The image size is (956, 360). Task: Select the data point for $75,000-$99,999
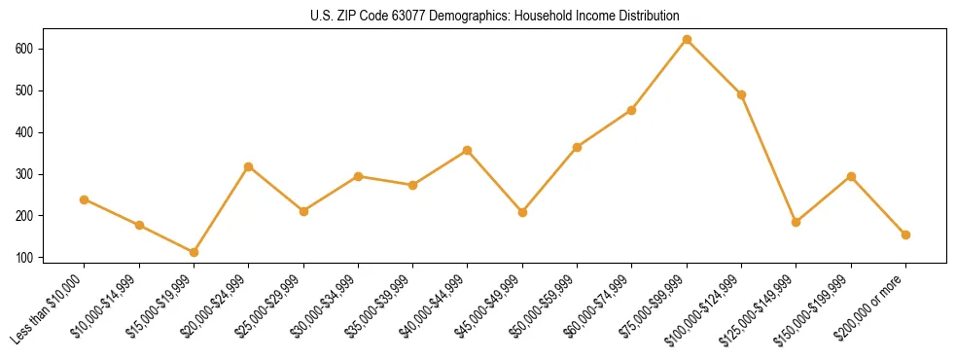pos(687,40)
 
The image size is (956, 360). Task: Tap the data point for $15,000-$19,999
pos(194,252)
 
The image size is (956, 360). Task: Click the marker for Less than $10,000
pos(85,199)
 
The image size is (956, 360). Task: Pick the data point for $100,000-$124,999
pos(741,95)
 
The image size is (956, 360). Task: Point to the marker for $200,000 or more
pos(905,234)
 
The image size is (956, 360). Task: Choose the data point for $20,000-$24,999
pos(249,166)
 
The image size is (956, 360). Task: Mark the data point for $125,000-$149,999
pos(797,222)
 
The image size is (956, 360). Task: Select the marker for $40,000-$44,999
pos(468,151)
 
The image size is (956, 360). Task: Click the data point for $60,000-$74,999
pos(632,110)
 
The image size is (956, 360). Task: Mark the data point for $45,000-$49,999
pos(522,212)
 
